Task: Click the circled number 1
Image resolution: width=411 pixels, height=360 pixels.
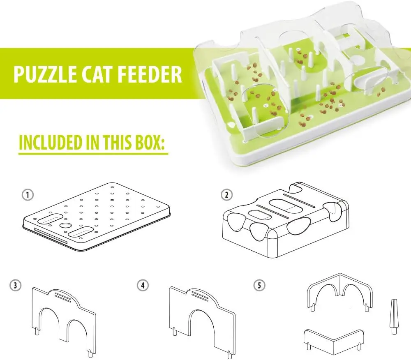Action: [x=28, y=195]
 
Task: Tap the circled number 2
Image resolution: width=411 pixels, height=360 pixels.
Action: [x=226, y=195]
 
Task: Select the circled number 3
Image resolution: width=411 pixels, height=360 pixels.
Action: [x=15, y=285]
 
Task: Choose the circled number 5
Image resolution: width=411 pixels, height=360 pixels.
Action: [x=259, y=285]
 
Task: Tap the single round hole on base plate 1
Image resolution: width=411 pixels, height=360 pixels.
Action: [x=65, y=226]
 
